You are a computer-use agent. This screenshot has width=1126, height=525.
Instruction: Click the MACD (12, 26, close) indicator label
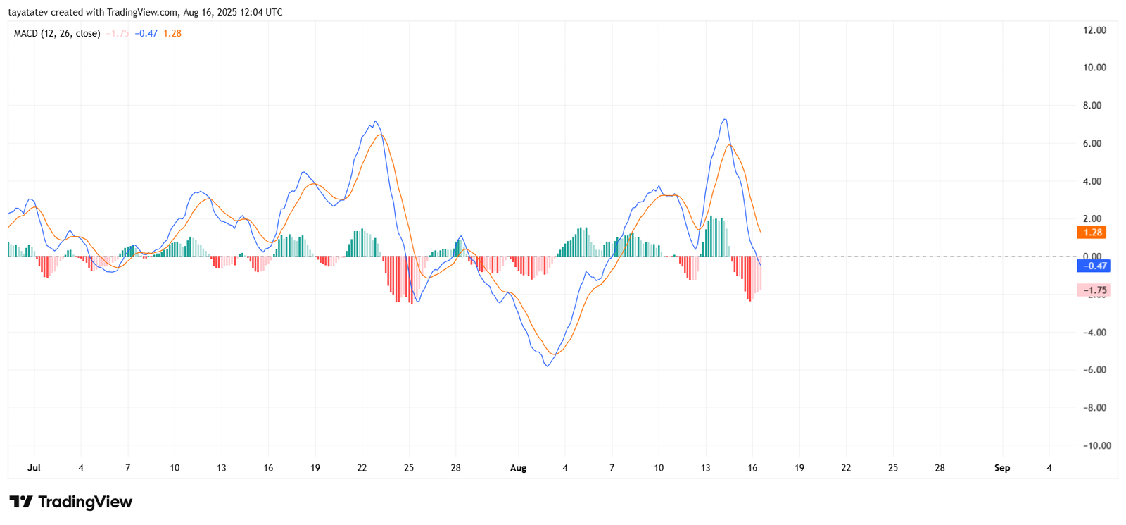(57, 33)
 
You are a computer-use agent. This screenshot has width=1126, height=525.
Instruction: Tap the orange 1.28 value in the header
(172, 33)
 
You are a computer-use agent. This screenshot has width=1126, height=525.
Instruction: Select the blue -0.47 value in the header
(146, 33)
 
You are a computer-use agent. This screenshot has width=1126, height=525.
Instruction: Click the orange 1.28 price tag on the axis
(1092, 233)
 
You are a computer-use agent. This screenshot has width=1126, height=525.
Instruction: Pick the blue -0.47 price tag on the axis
(1094, 266)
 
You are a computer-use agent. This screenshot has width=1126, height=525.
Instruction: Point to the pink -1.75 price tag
(1094, 290)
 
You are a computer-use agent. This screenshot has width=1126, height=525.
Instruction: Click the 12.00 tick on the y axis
(1094, 30)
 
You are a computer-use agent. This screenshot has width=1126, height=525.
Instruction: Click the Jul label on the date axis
(34, 468)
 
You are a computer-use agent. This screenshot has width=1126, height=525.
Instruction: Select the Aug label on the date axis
(518, 468)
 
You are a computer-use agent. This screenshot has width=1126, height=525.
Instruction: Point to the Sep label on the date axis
(1002, 468)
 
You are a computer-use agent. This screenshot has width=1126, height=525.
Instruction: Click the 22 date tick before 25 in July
(362, 468)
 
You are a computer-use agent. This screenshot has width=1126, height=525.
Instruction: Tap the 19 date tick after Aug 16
(799, 468)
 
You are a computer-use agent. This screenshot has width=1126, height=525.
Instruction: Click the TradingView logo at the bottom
(70, 502)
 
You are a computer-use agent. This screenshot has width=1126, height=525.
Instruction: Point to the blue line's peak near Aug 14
(725, 120)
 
